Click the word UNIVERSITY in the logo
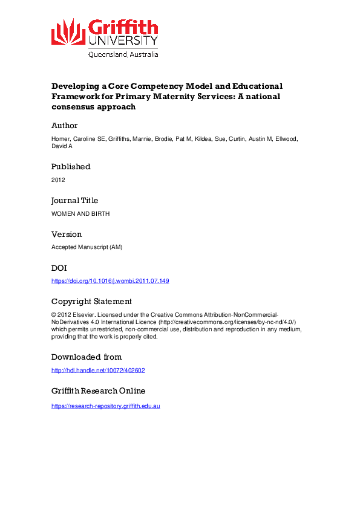(x=123, y=41)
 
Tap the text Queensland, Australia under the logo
(x=123, y=54)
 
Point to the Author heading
(x=65, y=126)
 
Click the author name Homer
(x=61, y=139)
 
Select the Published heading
(x=71, y=166)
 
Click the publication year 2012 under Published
(x=58, y=180)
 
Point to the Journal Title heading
(x=74, y=200)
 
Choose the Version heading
(x=67, y=234)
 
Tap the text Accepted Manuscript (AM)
(x=86, y=247)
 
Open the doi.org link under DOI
(x=110, y=281)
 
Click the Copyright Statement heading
(x=91, y=302)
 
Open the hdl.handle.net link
(x=98, y=371)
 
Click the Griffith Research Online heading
(x=98, y=391)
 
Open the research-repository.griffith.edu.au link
(x=105, y=406)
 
